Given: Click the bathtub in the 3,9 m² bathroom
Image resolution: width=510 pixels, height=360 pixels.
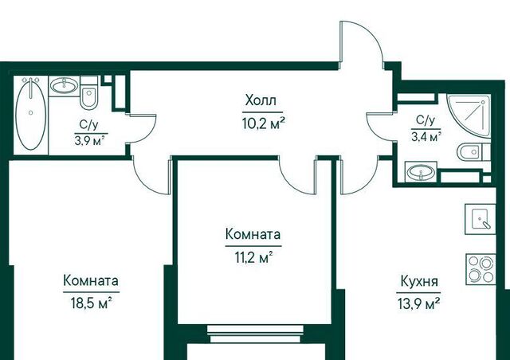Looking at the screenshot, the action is [30, 114].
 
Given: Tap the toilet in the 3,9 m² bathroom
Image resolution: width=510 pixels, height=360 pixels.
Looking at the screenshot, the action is [88, 93].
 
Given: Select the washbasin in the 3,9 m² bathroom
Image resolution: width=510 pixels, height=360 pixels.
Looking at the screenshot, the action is [64, 86].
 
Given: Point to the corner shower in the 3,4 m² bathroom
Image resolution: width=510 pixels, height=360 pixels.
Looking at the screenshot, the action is [469, 115].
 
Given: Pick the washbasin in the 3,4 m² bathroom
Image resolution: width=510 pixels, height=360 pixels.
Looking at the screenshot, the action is [421, 172].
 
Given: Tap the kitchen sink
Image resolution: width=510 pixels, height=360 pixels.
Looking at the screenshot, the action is [480, 219].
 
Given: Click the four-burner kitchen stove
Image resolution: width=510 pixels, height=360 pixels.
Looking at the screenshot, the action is [481, 269].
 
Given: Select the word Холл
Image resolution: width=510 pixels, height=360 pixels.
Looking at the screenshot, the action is [261, 100].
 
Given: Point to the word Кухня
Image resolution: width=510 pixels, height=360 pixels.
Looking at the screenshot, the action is [419, 281].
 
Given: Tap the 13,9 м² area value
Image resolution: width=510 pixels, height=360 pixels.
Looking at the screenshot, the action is [419, 304].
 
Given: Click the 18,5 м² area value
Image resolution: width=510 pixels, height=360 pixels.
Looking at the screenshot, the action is [92, 303].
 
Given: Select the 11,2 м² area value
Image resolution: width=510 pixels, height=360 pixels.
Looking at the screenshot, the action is [253, 258].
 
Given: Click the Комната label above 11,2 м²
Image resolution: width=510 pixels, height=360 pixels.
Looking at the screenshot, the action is [253, 234].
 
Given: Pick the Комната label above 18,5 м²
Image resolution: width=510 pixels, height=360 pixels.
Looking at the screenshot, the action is [91, 280].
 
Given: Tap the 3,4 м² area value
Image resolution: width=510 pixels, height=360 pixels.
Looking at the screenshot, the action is [426, 137].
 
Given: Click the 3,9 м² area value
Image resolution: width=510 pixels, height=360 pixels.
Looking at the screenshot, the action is [90, 142].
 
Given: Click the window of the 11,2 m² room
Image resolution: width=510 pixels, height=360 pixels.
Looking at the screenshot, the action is [255, 334].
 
